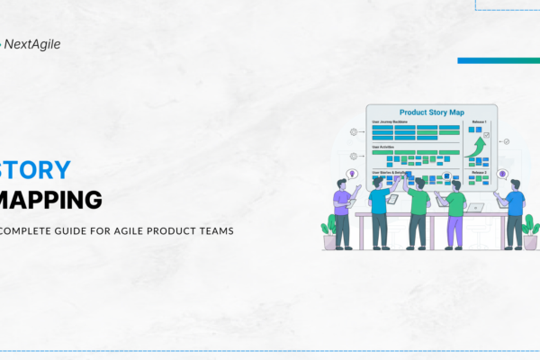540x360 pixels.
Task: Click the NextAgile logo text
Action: [31, 43]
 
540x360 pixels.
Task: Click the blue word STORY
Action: [35, 171]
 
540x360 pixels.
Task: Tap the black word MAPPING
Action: [51, 199]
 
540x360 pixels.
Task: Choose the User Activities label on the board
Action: [386, 147]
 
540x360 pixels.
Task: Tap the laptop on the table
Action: [474, 207]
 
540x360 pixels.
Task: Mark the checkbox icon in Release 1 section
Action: [487, 135]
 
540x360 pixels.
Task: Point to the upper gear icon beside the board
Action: [353, 132]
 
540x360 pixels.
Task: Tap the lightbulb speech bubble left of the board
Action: [352, 174]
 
